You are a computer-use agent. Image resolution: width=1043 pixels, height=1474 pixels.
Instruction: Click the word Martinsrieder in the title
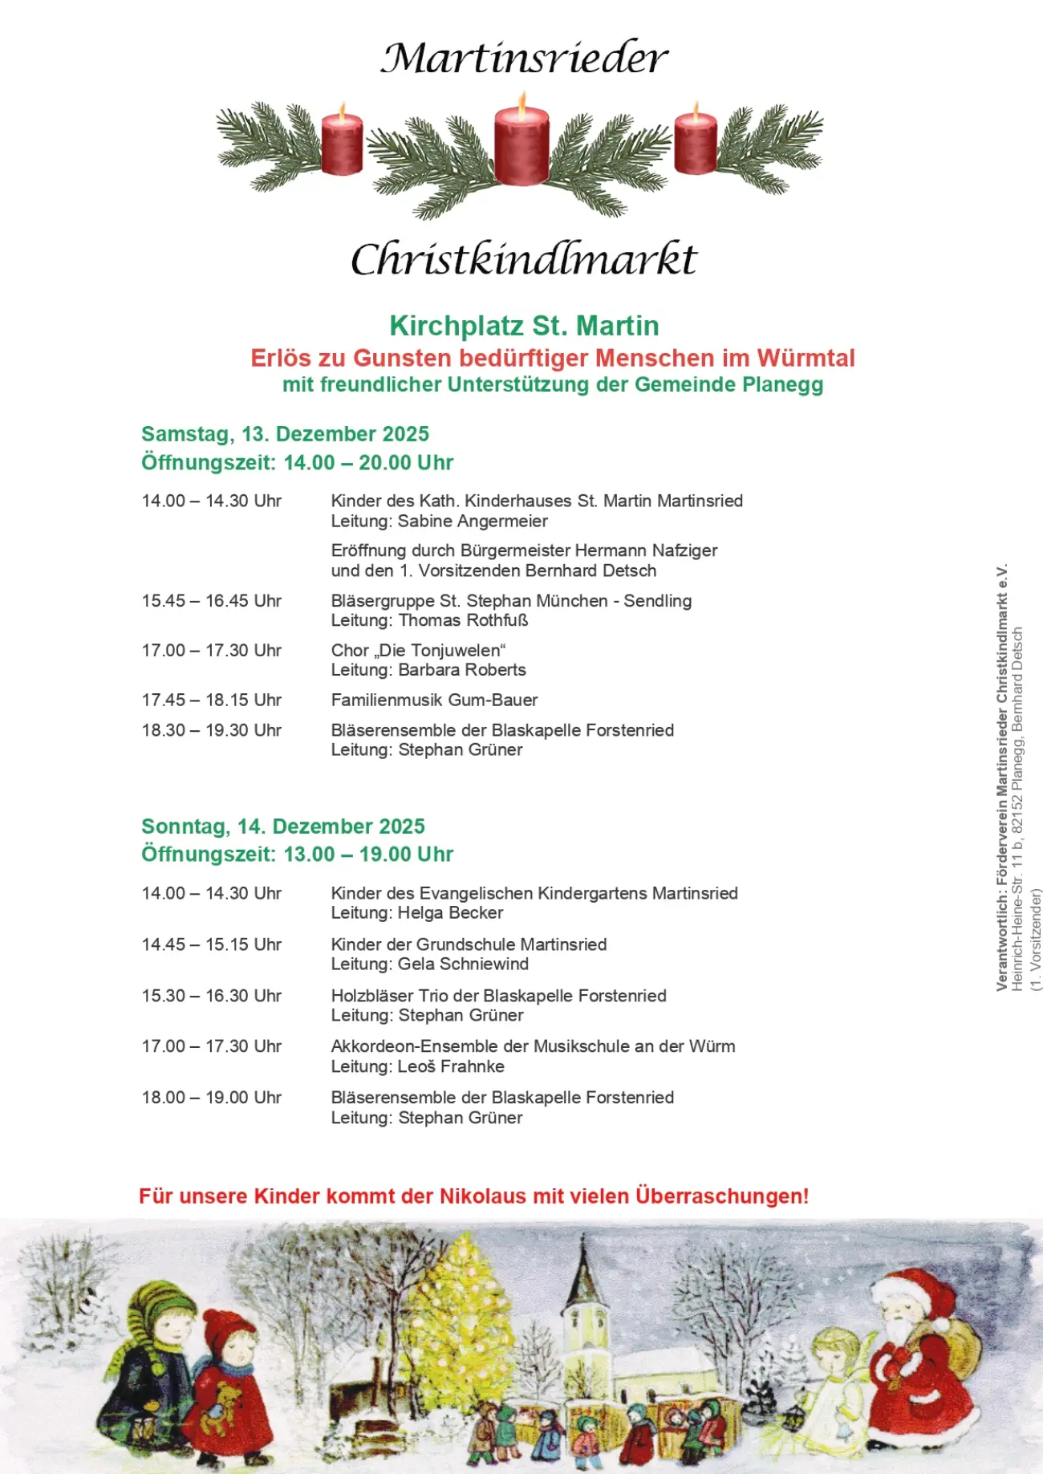pyautogui.click(x=524, y=59)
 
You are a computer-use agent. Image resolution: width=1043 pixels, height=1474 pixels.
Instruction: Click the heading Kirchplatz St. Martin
pyautogui.click(x=524, y=326)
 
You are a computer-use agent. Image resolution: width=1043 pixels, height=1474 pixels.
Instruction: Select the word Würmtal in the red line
pyautogui.click(x=806, y=358)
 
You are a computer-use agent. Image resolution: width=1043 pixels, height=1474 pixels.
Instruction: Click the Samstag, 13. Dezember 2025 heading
pyautogui.click(x=285, y=434)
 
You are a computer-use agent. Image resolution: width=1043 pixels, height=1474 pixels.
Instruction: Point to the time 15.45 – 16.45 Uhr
pyautogui.click(x=212, y=601)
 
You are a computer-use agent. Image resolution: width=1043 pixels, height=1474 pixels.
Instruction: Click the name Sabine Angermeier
pyautogui.click(x=473, y=522)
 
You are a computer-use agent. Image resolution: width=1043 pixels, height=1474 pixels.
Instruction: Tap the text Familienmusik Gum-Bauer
pyautogui.click(x=434, y=700)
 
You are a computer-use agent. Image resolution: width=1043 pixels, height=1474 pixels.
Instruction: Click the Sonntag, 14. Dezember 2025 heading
pyautogui.click(x=282, y=826)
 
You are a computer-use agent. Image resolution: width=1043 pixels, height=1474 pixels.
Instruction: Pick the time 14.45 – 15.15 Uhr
pyautogui.click(x=212, y=944)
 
